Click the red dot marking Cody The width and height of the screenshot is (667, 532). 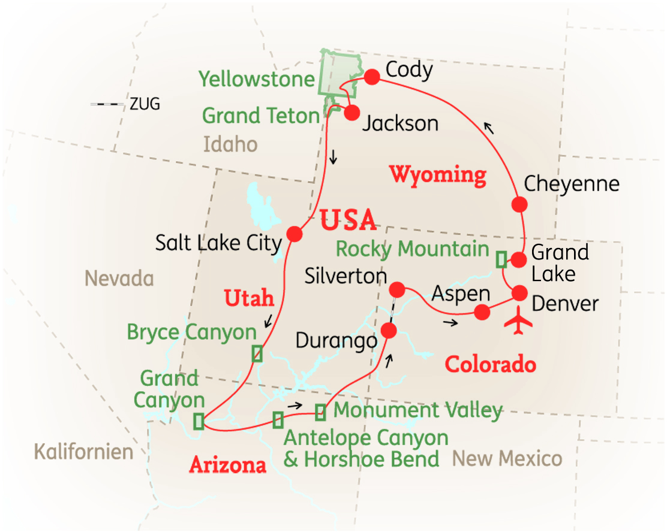pyautogui.click(x=372, y=77)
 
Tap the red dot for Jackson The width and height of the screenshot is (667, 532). pyautogui.click(x=351, y=113)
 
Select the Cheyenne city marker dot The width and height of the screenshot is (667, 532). pyautogui.click(x=519, y=204)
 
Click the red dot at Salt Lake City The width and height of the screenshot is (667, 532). pyautogui.click(x=294, y=234)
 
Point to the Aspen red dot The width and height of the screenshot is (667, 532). pyautogui.click(x=482, y=312)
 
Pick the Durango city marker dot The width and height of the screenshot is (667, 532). pyautogui.click(x=389, y=330)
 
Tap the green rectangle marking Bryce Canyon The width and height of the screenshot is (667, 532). pyautogui.click(x=257, y=353)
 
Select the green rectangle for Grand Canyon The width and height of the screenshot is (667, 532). pyautogui.click(x=199, y=421)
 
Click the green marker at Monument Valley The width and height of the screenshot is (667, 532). pyautogui.click(x=321, y=412)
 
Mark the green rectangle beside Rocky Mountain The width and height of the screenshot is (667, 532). pyautogui.click(x=501, y=259)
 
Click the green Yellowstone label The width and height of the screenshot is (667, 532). pyautogui.click(x=256, y=79)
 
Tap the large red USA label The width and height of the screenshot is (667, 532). pyautogui.click(x=348, y=220)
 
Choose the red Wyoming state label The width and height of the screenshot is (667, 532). pyautogui.click(x=437, y=175)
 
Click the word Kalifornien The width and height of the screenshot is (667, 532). pyautogui.click(x=83, y=451)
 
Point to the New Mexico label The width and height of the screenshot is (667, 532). pyautogui.click(x=507, y=459)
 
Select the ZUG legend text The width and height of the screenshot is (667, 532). pyautogui.click(x=145, y=104)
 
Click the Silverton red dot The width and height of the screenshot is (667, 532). pyautogui.click(x=396, y=288)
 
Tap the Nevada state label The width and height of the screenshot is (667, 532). pyautogui.click(x=119, y=278)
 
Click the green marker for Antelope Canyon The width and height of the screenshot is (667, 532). pyautogui.click(x=278, y=420)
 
